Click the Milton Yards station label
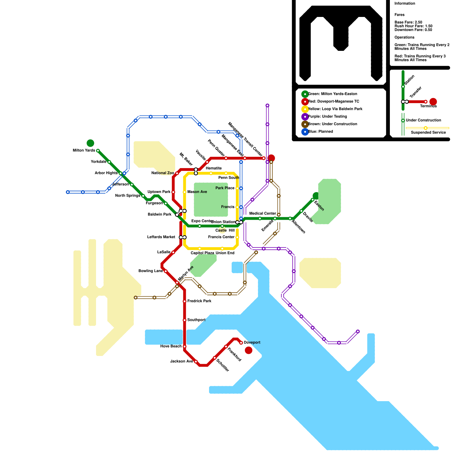click(x=84, y=150)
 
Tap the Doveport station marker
click(x=241, y=343)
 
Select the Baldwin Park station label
click(x=160, y=214)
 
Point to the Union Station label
click(x=223, y=222)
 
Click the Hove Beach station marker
click(x=184, y=346)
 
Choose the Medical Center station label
click(x=263, y=213)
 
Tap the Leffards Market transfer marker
click(x=183, y=237)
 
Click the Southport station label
click(x=196, y=320)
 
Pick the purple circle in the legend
click(x=305, y=117)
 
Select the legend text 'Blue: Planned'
click(x=320, y=131)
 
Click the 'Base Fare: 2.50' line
click(x=408, y=22)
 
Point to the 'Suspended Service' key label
click(x=428, y=132)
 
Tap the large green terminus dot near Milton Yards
click(x=90, y=143)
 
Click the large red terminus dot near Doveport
click(x=249, y=350)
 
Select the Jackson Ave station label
click(x=182, y=361)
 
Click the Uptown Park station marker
click(x=173, y=192)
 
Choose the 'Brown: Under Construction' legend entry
click(x=333, y=124)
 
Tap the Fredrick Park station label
click(x=199, y=301)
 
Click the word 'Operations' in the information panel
click(x=404, y=37)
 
